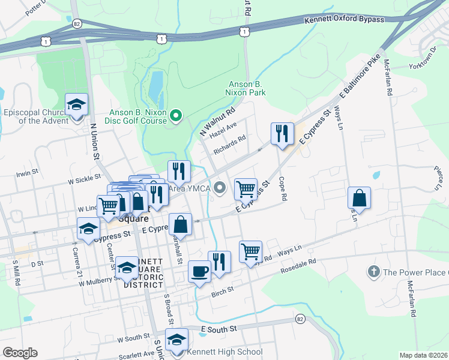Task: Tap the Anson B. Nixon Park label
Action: click(x=246, y=89)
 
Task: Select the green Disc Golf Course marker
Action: click(x=176, y=115)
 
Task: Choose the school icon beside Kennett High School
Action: click(x=176, y=340)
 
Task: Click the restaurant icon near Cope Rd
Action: click(x=282, y=133)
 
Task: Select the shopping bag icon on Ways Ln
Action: click(x=359, y=197)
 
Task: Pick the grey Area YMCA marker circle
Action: click(x=220, y=188)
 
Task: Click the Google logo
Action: click(x=20, y=353)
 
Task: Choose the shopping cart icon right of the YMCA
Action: click(x=246, y=190)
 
